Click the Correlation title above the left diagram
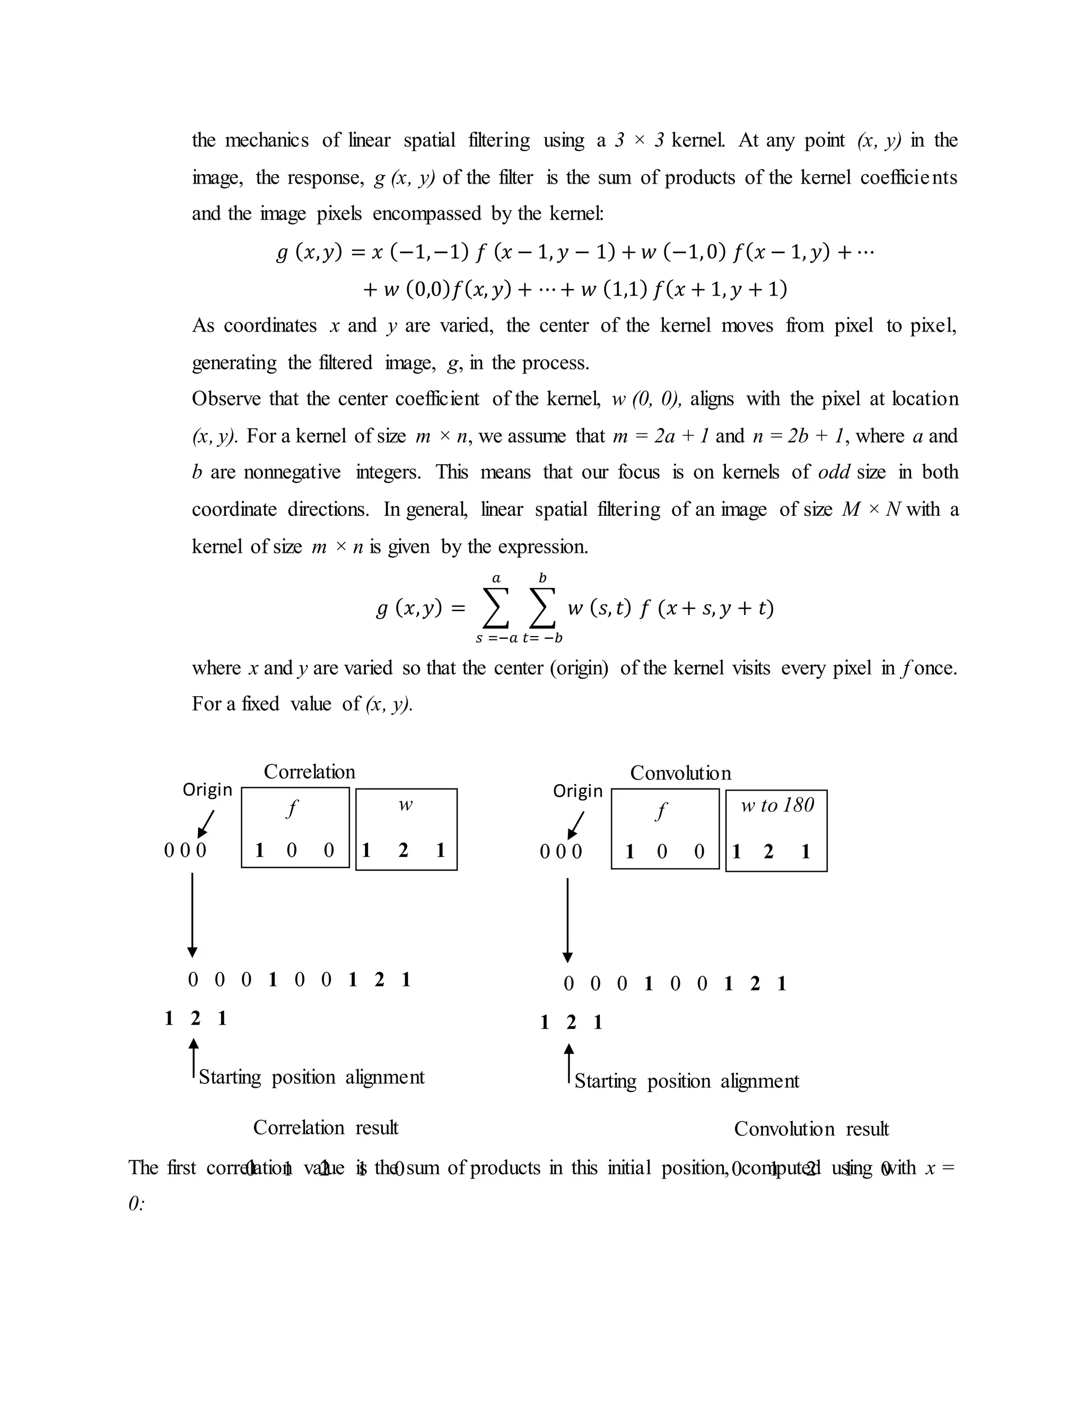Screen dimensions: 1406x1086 tap(310, 772)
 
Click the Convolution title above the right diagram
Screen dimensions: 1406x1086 tap(680, 773)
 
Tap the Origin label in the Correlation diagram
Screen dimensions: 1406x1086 tap(207, 789)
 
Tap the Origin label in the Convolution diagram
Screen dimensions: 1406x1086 tap(578, 791)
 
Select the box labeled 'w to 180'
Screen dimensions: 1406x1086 tap(776, 830)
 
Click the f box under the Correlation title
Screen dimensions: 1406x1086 tap(295, 827)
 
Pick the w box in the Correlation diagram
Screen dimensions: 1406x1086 tap(406, 829)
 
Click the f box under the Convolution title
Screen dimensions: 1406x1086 tap(665, 829)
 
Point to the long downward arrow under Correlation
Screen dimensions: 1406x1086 tap(192, 915)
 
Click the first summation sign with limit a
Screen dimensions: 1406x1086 tap(495, 607)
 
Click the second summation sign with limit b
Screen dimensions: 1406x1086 tap(542, 607)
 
